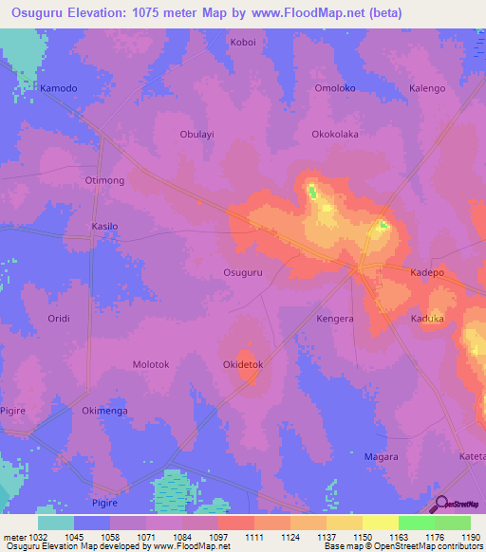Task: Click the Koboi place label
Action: click(243, 43)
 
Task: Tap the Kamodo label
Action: click(58, 88)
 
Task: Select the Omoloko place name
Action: click(334, 88)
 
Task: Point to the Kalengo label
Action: click(426, 88)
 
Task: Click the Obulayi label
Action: click(197, 134)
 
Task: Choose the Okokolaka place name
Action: click(335, 134)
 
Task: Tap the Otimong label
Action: click(104, 179)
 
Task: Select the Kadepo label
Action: click(426, 272)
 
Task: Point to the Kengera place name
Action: click(335, 319)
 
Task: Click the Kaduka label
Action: click(427, 319)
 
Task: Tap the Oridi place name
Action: click(59, 319)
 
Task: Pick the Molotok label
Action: click(151, 364)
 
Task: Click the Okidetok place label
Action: click(242, 364)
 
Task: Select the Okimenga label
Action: click(104, 411)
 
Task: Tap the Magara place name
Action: click(381, 456)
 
